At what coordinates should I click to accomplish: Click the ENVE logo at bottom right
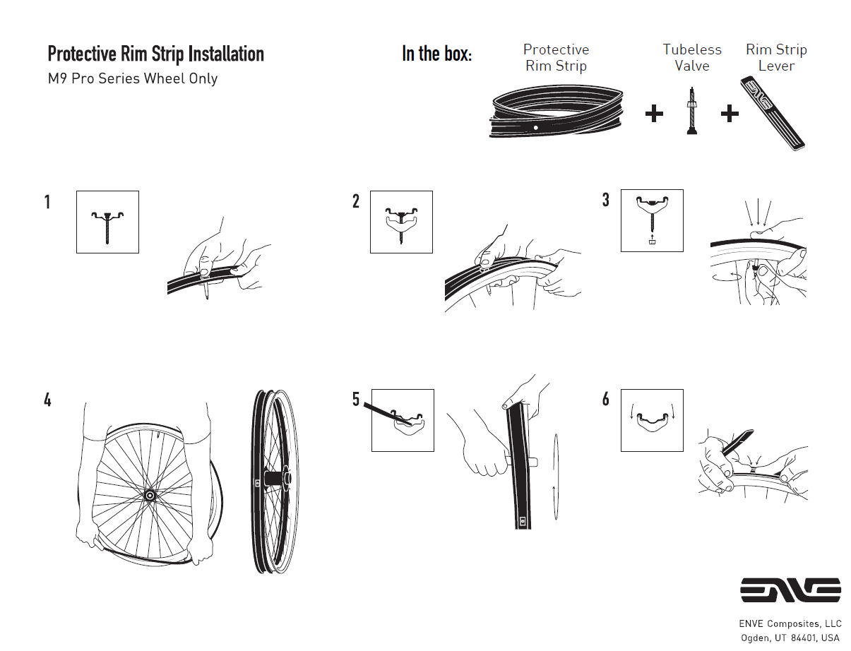[790, 590]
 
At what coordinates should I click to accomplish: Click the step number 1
[47, 202]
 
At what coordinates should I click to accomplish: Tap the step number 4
[47, 400]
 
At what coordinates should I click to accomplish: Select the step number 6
[605, 399]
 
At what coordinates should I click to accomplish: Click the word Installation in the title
[226, 54]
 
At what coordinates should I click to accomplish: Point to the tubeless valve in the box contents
[691, 111]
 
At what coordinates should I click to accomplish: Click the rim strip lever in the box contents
[773, 113]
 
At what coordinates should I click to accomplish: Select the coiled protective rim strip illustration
[557, 112]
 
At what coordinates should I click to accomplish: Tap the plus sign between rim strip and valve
[654, 114]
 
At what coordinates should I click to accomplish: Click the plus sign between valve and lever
[730, 114]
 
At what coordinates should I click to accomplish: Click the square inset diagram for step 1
[107, 222]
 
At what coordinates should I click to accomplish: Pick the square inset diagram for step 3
[652, 220]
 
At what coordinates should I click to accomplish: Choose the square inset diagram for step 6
[652, 420]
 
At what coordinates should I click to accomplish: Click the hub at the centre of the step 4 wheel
[150, 496]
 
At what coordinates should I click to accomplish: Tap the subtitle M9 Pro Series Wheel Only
[133, 78]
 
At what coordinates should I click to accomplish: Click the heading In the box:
[437, 54]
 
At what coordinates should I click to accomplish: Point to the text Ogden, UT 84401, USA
[790, 638]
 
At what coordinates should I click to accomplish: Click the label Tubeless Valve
[692, 57]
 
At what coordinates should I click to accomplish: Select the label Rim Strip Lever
[777, 57]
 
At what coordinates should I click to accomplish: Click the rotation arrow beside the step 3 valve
[727, 276]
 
